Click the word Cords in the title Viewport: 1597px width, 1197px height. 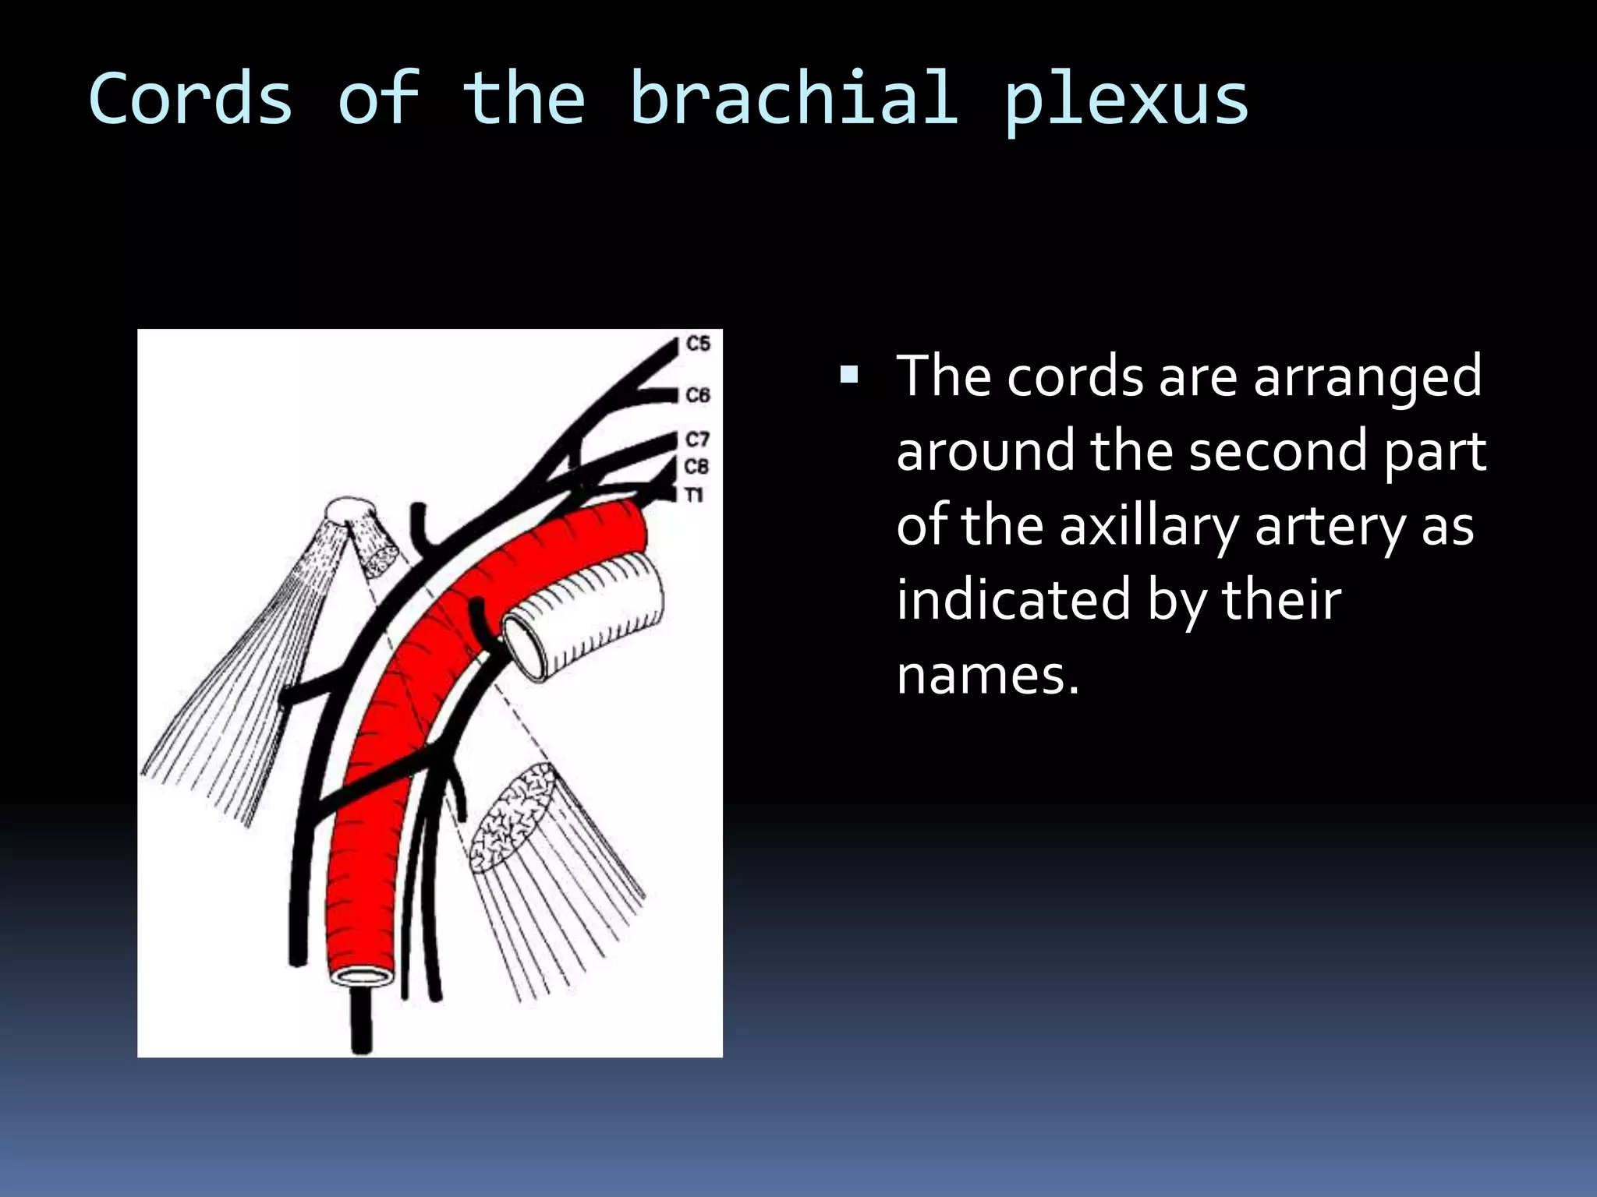[191, 99]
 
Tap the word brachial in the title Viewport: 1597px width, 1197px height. [792, 99]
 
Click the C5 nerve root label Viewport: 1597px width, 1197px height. [698, 344]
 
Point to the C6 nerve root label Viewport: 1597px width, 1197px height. [698, 395]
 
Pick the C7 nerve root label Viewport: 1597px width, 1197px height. [698, 440]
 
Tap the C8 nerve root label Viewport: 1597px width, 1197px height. [696, 466]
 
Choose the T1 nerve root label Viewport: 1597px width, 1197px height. [693, 495]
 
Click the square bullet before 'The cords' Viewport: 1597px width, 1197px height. [849, 377]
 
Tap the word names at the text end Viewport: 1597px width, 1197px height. [987, 675]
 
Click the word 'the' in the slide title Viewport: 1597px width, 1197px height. [523, 99]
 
